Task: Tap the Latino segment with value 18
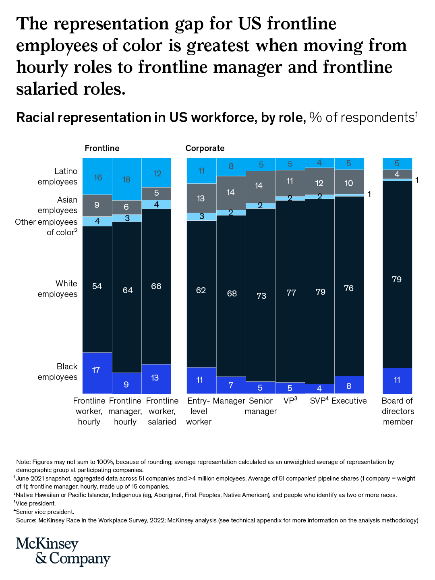pos(126,179)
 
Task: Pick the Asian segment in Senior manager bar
pos(261,186)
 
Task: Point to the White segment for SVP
pos(320,291)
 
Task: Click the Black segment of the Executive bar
pos(349,385)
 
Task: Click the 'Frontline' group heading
pos(102,148)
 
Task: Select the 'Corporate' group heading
pos(205,148)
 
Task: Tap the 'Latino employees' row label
pos(57,176)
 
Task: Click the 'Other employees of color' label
pos(46,227)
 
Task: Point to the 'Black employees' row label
pos(57,372)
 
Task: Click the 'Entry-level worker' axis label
pos(199,411)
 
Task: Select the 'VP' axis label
pos(290,401)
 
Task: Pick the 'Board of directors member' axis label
pos(398,411)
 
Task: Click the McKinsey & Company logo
pos(63,551)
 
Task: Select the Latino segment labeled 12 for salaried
pos(156,173)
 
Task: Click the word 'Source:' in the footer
pos(26,520)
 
